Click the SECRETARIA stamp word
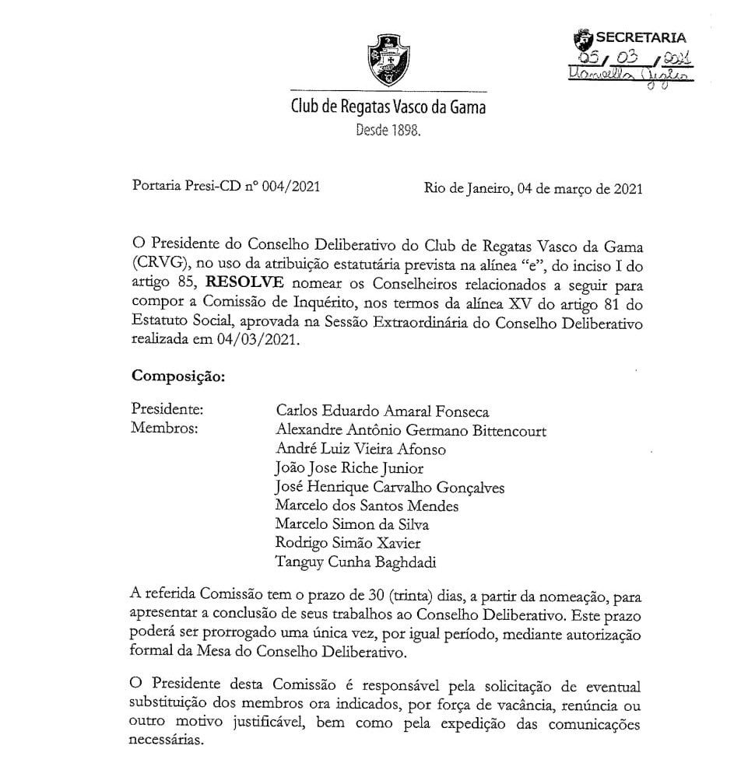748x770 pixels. [x=641, y=37]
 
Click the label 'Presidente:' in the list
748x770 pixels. [x=167, y=409]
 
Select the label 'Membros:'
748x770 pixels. [x=163, y=429]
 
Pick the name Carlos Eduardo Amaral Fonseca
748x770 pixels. [x=383, y=411]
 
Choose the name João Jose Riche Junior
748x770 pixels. [x=349, y=468]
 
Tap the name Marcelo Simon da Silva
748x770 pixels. [x=352, y=524]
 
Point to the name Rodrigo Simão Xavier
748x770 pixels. [x=349, y=543]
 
